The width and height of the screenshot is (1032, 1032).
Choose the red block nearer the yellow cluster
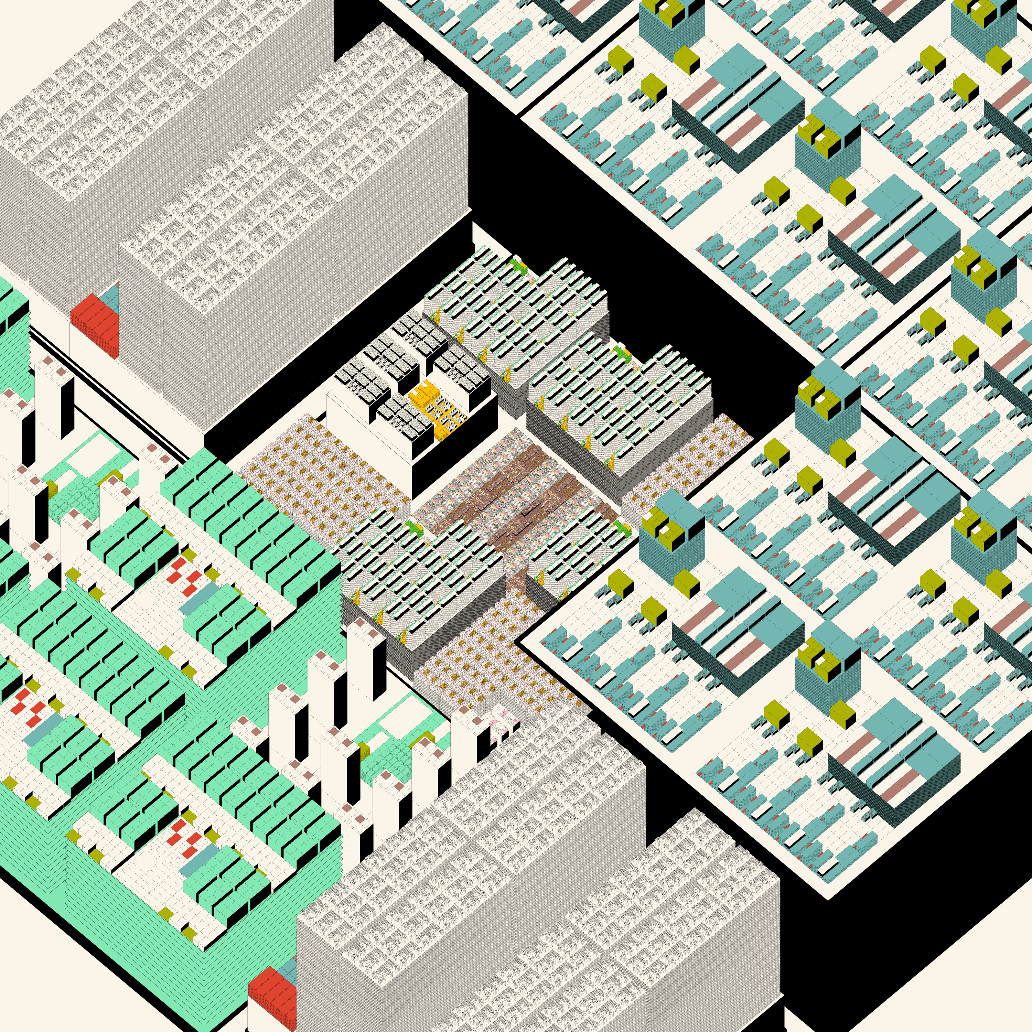tap(95, 323)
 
